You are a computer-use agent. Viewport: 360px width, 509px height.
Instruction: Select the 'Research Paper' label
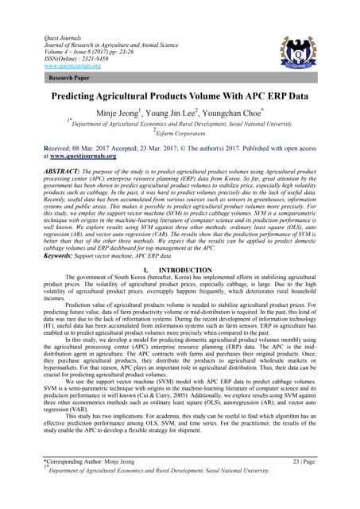(x=66, y=80)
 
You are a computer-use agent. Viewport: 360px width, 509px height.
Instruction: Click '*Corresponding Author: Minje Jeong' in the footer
(x=89, y=482)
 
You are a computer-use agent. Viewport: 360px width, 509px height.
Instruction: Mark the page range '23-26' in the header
(x=156, y=52)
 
